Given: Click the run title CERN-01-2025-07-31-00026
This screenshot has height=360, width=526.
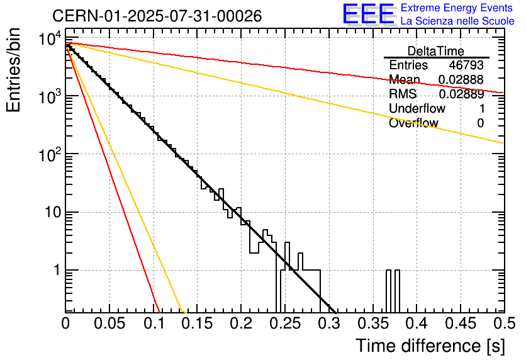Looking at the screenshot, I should coord(157,16).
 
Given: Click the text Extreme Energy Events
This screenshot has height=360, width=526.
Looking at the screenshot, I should coord(457,9).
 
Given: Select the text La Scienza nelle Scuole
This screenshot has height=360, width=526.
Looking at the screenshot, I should coord(457,21).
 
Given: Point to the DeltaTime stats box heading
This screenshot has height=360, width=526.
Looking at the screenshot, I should coord(436,51).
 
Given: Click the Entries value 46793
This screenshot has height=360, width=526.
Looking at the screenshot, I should coord(466,65).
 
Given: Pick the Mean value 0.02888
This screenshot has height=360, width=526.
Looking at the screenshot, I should coord(461,80).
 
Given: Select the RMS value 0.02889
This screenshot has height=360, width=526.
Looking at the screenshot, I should coord(461,94).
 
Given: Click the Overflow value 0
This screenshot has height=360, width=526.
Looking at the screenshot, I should coord(480,123).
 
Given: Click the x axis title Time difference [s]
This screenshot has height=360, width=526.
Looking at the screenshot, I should coord(429,346).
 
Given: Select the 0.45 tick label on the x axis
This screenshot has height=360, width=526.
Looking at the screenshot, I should coord(459,323).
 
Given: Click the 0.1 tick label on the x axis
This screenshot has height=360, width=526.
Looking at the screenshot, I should coord(154,323).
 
